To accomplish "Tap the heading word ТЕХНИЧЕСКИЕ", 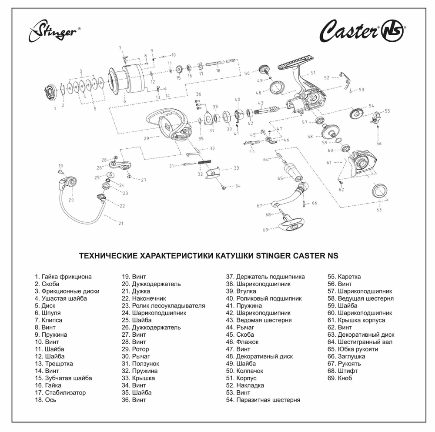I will [109, 256].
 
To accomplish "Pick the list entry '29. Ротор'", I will [135, 349].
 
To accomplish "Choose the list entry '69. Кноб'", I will [340, 378].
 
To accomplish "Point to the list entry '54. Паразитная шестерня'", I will [263, 400].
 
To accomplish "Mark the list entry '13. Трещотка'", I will [54, 363].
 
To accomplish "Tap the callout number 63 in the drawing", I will [378, 210].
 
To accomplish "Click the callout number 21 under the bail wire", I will [121, 223].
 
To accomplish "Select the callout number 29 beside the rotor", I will [146, 138].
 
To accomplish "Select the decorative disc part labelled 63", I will [380, 190].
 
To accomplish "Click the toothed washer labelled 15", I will [178, 70].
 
